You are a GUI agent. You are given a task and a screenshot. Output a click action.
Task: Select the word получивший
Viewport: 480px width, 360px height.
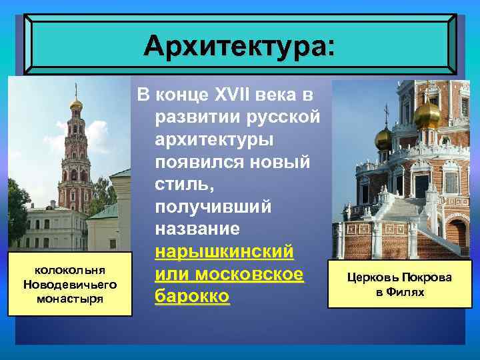pos(213,207)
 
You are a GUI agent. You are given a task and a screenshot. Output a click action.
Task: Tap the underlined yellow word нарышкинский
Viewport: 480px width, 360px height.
pos(223,252)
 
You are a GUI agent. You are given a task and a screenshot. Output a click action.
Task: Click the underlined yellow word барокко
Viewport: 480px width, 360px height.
pos(192,297)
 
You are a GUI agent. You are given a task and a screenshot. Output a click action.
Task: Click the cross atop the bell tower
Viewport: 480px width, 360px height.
pos(75,89)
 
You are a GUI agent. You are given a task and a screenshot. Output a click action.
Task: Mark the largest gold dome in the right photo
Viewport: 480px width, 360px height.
pos(427,115)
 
